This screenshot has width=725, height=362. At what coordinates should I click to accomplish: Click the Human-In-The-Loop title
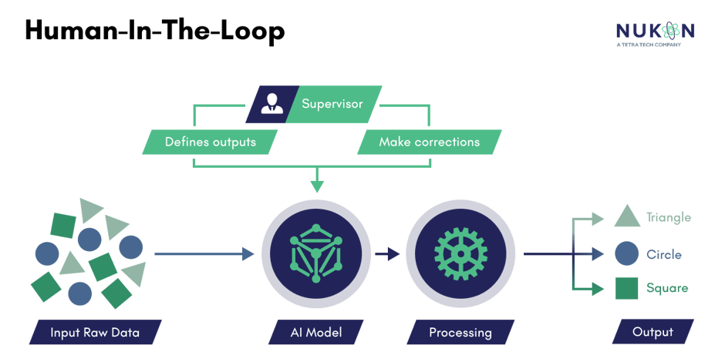pos(154,31)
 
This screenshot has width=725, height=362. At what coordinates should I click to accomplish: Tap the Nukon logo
pos(656,32)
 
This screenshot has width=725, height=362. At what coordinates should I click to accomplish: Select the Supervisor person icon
pos(271,104)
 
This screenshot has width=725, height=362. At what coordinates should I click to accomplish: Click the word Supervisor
pos(332,104)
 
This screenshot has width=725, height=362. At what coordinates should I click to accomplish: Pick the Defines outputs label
pos(210,142)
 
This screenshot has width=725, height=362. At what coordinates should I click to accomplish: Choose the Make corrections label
pos(429,142)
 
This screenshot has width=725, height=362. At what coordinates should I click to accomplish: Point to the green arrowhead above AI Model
pos(316,186)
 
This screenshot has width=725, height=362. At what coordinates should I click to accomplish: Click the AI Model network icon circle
pos(316,253)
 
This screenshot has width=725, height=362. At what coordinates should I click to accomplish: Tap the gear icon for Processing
pos(460,253)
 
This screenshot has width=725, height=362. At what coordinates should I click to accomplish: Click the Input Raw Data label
pos(94,333)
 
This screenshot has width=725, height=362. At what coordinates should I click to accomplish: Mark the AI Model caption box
pos(316,333)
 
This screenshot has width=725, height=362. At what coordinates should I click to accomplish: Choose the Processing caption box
pos(460,333)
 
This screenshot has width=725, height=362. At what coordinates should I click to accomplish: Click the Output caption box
pos(652,333)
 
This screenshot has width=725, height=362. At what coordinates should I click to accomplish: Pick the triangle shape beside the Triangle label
pos(627,218)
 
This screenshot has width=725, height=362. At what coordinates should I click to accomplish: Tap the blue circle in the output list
pos(626,253)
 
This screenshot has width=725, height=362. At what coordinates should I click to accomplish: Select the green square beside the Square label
pos(626,289)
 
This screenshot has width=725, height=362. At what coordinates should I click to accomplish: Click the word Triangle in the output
pos(669,218)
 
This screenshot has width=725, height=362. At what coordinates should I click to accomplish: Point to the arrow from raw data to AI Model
pos(204,253)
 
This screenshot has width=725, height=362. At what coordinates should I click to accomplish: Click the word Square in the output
pos(668,289)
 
